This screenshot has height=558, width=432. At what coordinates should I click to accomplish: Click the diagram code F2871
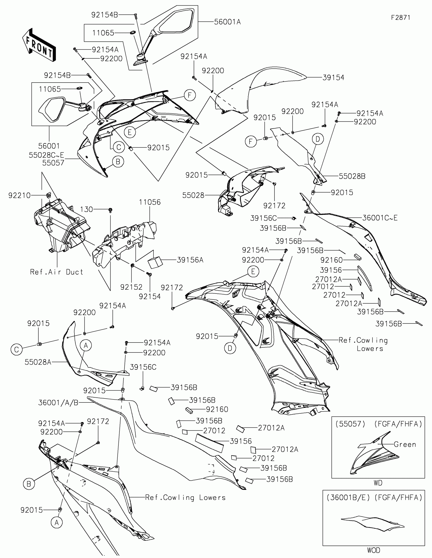[x=400, y=17]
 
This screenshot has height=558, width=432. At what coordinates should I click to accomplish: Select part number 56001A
[x=227, y=22]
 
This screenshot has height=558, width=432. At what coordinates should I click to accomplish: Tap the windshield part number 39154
[x=333, y=77]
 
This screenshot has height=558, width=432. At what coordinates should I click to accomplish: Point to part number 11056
[x=150, y=202]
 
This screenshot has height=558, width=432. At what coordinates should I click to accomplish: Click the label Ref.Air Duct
[x=56, y=272]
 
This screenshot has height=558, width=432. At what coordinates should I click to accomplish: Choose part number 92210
[x=19, y=195]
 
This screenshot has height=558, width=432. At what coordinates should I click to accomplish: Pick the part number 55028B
[x=352, y=176]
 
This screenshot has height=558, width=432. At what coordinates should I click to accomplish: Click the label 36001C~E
[x=380, y=218]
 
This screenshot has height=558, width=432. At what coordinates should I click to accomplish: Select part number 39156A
[x=190, y=260]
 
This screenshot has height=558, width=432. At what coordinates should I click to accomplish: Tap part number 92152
[x=131, y=287]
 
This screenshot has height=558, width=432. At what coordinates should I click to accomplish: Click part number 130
[x=86, y=210]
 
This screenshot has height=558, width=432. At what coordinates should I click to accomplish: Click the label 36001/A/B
[x=58, y=403]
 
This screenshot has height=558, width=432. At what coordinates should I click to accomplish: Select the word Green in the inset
[x=405, y=444]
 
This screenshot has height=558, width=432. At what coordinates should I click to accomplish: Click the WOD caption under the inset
[x=374, y=550]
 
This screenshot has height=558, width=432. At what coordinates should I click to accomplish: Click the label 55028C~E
[x=46, y=155]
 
